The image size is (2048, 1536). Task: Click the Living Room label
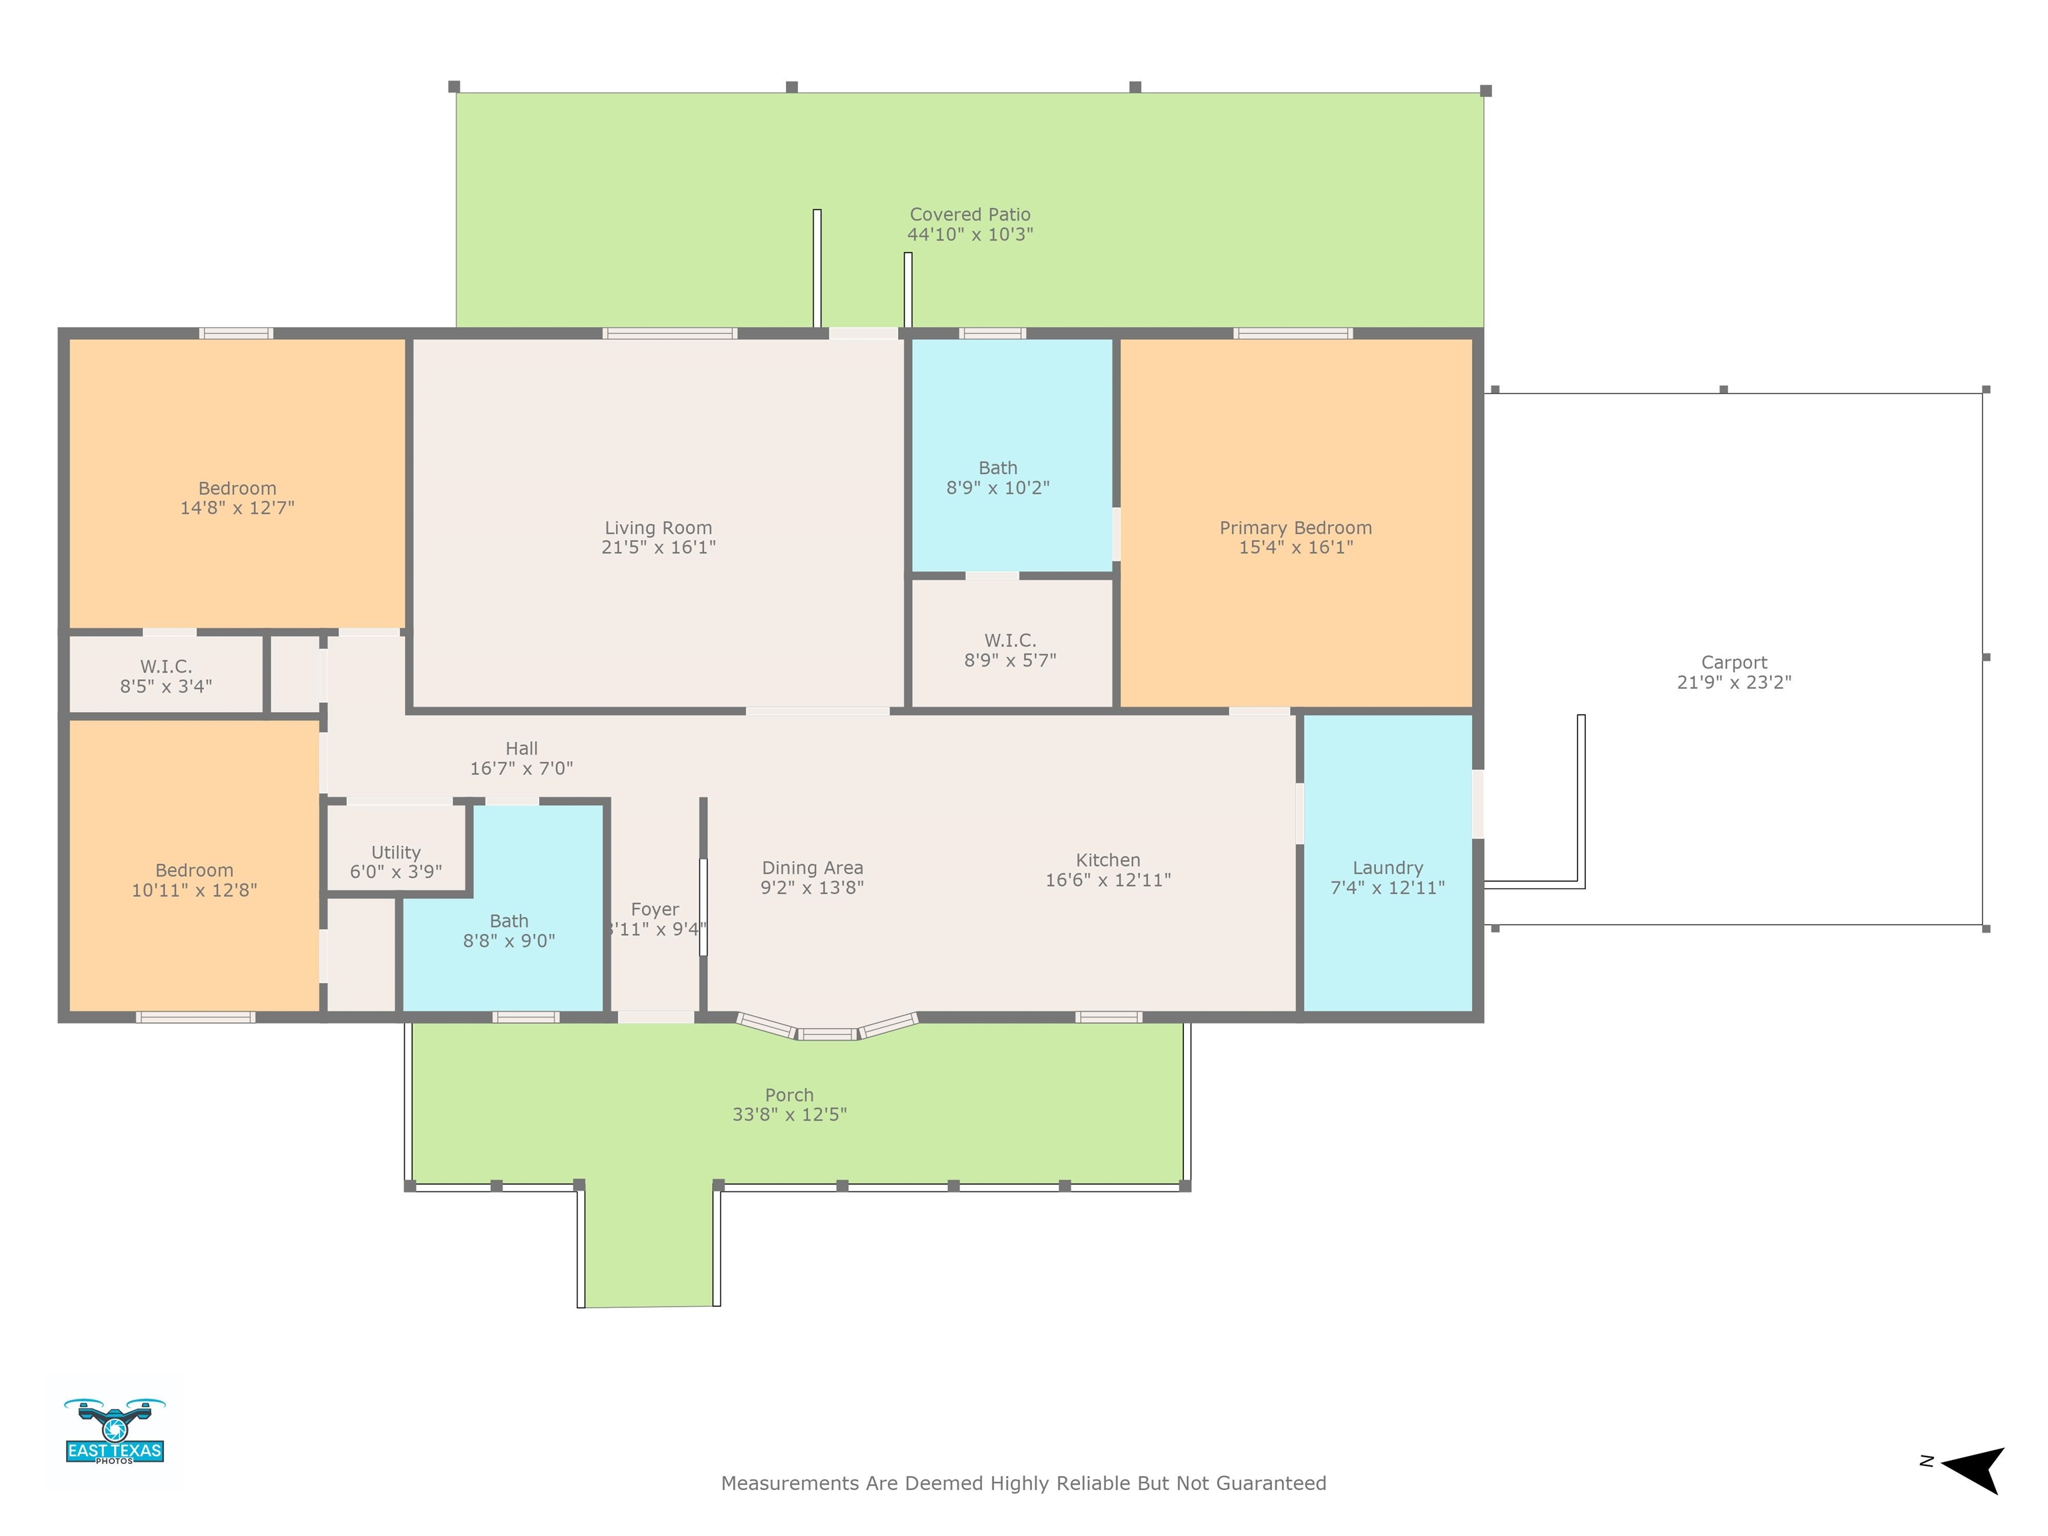pos(658,528)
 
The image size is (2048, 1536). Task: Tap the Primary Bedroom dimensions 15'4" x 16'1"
pos(1296,547)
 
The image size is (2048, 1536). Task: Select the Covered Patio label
pos(970,215)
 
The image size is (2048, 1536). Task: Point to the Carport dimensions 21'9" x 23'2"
pos(1734,683)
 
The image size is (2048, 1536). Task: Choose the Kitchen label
pos(1108,860)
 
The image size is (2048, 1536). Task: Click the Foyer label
pos(655,910)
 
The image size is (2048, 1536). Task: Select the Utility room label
pos(396,853)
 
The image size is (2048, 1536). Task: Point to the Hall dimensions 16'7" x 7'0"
pos(521,769)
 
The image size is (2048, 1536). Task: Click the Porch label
pos(790,1095)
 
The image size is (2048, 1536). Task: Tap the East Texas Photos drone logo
pos(115,1431)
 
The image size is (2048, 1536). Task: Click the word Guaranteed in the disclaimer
pos(1271,1483)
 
